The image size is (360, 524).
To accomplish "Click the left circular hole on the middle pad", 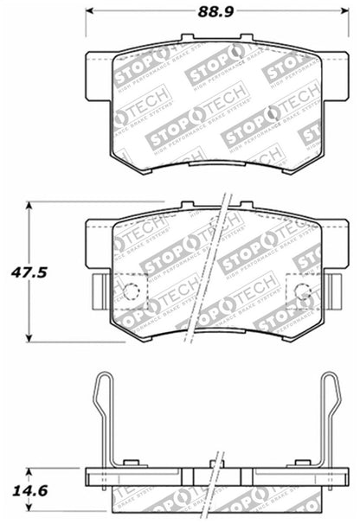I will click(x=131, y=291).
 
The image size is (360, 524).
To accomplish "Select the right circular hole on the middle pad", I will click(x=303, y=291).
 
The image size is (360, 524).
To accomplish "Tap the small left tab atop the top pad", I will click(x=186, y=38).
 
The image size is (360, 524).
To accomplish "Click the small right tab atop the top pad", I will click(x=246, y=38).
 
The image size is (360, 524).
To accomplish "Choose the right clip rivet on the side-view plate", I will click(x=301, y=465).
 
